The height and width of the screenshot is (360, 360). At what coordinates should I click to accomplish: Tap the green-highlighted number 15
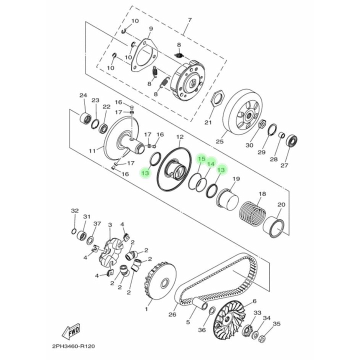(201, 159)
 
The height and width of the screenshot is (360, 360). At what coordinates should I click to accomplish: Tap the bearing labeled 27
(291, 140)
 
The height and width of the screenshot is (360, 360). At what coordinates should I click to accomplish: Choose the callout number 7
(189, 20)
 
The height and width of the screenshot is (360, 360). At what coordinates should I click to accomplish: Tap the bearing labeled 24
(86, 119)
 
